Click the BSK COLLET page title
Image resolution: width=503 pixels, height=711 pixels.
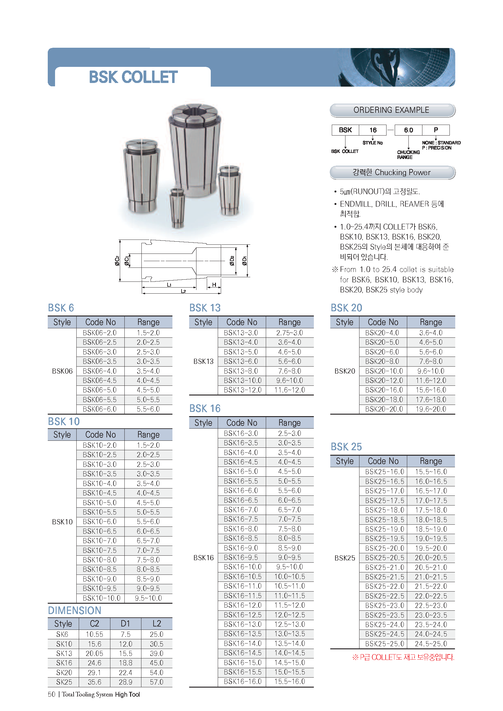pos(133,77)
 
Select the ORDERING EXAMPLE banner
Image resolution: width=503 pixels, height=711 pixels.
pos(392,110)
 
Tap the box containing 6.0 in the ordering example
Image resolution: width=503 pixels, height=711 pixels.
pos(408,130)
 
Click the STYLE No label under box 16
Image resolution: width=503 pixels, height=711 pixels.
pos(373,143)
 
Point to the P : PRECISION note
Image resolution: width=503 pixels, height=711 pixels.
pos(436,148)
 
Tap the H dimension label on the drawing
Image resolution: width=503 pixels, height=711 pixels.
pos(214,285)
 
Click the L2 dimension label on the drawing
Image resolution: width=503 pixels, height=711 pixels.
pos(183,291)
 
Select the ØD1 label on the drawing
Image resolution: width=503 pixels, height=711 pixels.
pos(245,261)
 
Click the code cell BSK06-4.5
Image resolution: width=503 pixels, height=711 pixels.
pos(100,380)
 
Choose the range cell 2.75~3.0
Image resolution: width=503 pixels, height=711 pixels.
pos(290,333)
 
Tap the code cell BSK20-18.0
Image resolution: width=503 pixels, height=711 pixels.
pos(384,400)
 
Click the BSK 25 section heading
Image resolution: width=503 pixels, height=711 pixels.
pos(346,447)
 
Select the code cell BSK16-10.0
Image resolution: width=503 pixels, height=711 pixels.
pos(242,567)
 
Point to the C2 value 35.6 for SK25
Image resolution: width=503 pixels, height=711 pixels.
pos(95,682)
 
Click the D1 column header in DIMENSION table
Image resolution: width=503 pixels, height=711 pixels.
pos(125,624)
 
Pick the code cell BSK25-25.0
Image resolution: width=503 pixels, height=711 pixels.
pos(384,644)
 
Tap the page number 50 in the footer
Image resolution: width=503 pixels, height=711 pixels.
pos(51,694)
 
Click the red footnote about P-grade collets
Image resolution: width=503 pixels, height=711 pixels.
pos(403,657)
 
